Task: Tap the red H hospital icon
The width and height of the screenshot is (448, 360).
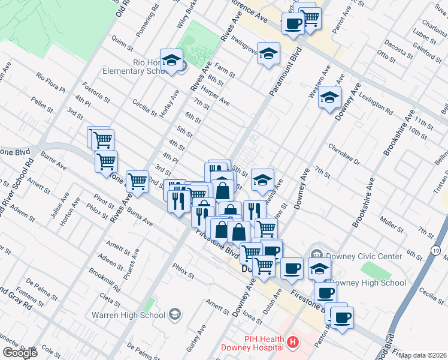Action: pos(293,343)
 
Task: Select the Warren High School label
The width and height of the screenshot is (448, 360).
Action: pos(128,314)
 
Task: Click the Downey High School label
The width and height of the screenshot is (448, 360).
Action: pos(367,283)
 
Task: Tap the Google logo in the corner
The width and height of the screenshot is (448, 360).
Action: pos(20,353)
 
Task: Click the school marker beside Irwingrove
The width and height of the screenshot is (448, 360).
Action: pos(268,52)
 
